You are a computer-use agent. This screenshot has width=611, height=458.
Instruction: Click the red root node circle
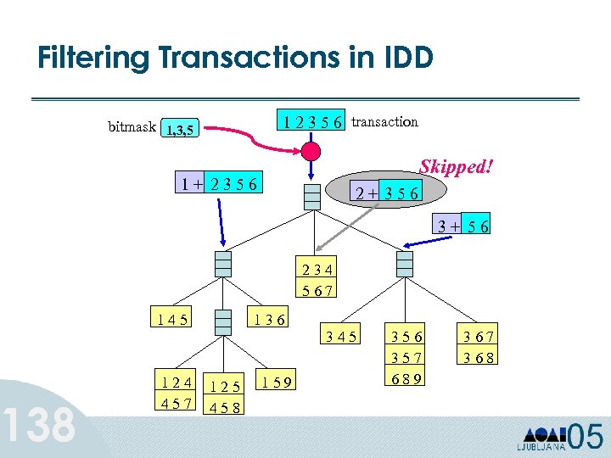tap(311, 152)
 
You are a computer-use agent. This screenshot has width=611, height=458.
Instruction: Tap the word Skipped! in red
tap(457, 166)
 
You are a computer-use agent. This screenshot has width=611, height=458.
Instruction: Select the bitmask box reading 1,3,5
tap(179, 130)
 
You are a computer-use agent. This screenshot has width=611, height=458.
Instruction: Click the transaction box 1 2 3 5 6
tap(314, 122)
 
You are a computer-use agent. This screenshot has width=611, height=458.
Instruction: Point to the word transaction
tap(384, 121)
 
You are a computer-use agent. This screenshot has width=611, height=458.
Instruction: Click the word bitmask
tap(132, 127)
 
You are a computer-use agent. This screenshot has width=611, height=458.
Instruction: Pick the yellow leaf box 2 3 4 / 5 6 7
tap(317, 280)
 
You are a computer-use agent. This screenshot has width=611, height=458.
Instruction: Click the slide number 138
tap(40, 424)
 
